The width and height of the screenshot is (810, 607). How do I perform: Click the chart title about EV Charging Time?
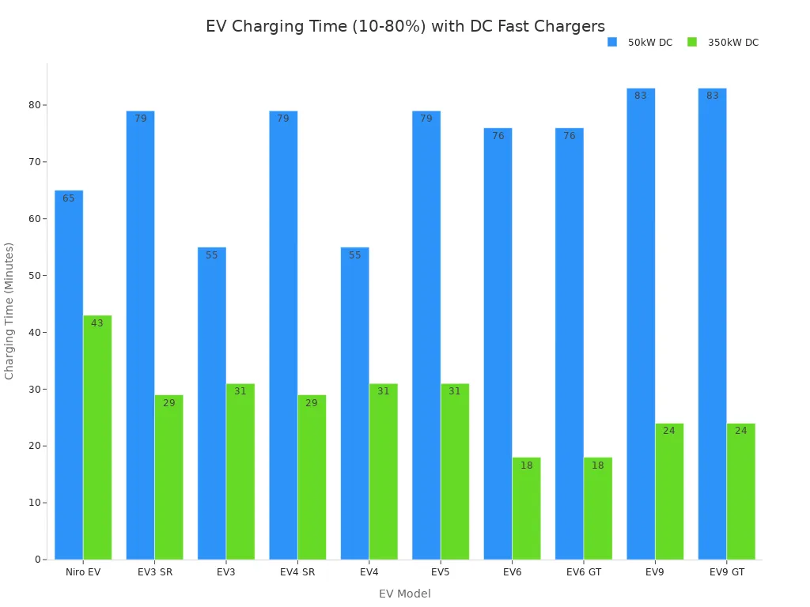tap(405, 27)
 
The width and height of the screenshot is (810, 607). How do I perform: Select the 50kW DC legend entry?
tap(640, 43)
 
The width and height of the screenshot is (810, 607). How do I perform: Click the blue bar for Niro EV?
tap(69, 375)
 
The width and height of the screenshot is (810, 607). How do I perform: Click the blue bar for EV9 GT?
tap(712, 323)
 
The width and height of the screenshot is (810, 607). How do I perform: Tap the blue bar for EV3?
tap(212, 403)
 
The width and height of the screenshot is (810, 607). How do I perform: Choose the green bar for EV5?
tap(455, 471)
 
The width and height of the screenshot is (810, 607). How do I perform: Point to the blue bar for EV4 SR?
tap(283, 335)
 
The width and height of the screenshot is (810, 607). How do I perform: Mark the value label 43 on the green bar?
tap(97, 323)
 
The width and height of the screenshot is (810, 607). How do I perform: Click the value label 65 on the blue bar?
tap(69, 198)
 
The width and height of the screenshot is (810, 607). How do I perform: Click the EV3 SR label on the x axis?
tap(155, 572)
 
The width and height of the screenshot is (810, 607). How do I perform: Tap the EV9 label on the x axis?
tap(655, 572)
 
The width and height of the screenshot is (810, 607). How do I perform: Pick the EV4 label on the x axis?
tap(369, 572)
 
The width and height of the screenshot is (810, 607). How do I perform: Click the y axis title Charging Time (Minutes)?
tap(9, 311)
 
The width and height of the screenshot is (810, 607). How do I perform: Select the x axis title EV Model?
tap(405, 594)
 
